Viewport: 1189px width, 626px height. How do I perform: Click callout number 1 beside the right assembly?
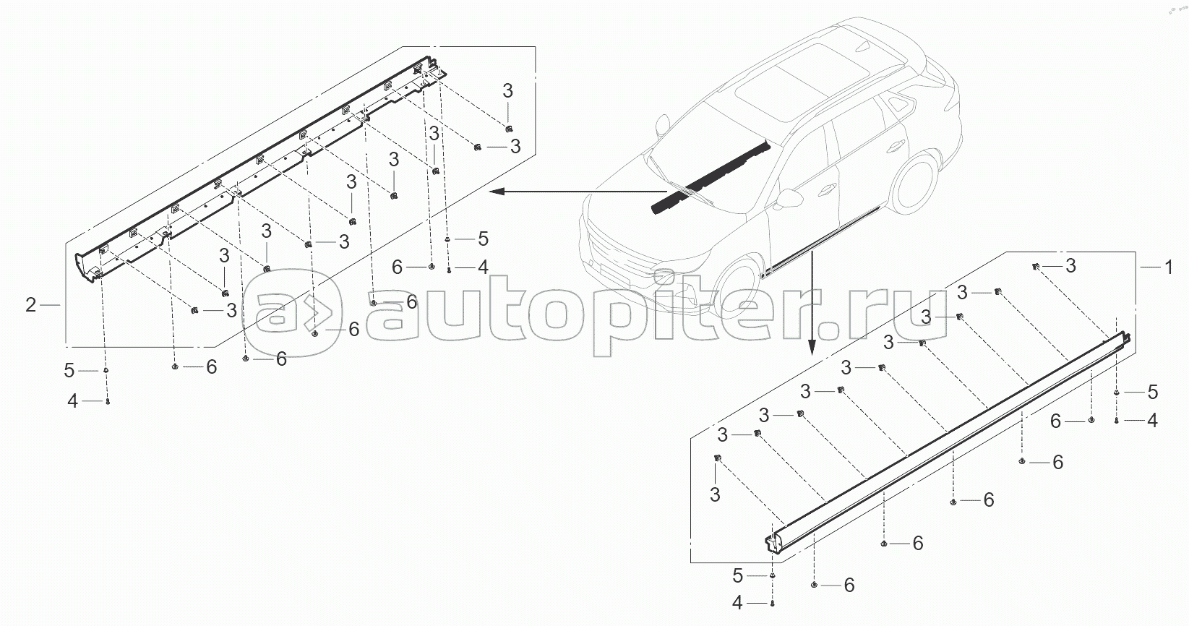point(1168,267)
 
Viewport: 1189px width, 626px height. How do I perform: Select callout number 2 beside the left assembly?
point(31,305)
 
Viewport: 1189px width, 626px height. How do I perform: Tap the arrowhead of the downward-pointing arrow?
point(811,348)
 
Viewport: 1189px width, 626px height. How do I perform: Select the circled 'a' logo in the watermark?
point(291,312)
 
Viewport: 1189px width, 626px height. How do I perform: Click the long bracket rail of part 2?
point(260,170)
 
